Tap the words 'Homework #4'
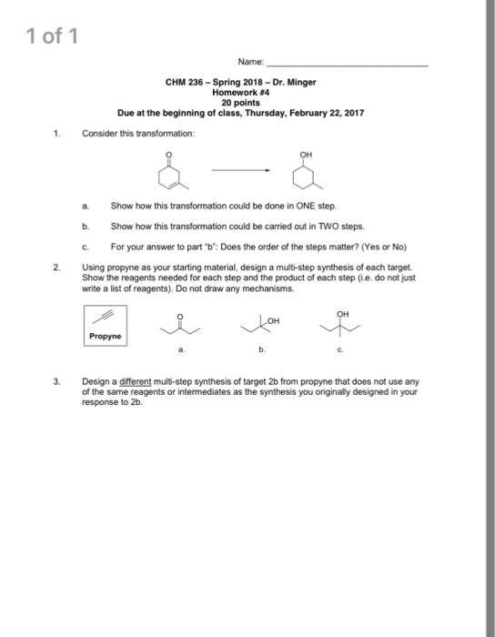pyautogui.click(x=238, y=92)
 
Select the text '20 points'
pyautogui.click(x=238, y=102)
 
